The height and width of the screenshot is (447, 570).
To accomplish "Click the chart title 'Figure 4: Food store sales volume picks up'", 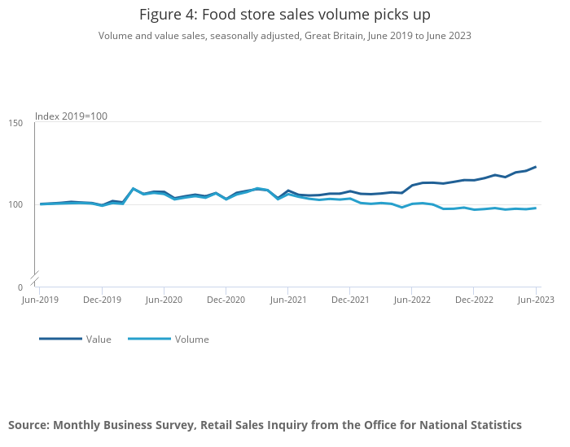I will (284, 15).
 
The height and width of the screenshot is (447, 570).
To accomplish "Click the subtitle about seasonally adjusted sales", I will (284, 36).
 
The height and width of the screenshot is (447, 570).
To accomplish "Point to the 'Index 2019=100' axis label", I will (71, 116).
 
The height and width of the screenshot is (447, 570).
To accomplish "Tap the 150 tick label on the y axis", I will (15, 123).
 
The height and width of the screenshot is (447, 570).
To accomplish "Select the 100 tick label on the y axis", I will (15, 204).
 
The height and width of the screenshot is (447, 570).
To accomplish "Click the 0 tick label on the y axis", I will (20, 287).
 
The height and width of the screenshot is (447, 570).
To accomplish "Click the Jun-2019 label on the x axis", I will (40, 300).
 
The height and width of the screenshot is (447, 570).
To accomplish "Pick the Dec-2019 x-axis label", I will (102, 300).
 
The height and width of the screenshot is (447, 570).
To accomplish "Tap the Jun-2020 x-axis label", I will (164, 300).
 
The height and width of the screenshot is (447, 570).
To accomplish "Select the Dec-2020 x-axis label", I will (226, 300).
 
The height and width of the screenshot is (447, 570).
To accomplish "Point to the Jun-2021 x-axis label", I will (288, 300).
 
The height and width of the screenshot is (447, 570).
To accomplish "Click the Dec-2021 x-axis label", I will (350, 300).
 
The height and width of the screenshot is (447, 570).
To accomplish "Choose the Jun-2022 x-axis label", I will (412, 300).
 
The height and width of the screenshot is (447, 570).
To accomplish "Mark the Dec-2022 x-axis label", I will (474, 300).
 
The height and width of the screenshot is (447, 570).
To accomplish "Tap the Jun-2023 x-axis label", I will (535, 300).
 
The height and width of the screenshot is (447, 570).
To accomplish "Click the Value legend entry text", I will (99, 340).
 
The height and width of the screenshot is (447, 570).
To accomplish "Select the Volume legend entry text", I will (191, 340).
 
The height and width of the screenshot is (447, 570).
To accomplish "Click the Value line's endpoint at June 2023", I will (536, 167).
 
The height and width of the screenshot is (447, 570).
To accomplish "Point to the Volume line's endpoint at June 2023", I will (536, 208).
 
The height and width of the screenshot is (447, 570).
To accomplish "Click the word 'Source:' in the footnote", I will (28, 425).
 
